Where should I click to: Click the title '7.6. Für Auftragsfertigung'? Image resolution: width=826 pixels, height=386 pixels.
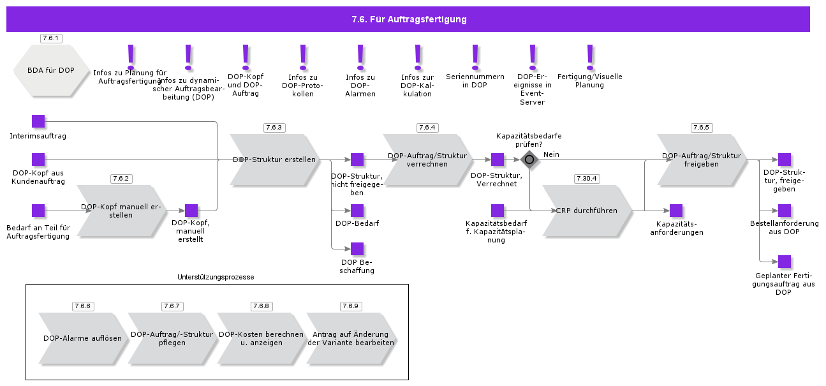pyautogui.click(x=409, y=19)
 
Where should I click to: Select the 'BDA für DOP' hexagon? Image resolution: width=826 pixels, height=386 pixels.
pyautogui.click(x=51, y=70)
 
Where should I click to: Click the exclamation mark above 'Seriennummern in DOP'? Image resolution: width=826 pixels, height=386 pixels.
pyautogui.click(x=475, y=57)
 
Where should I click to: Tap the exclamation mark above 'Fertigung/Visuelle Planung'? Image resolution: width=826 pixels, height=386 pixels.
pyautogui.click(x=590, y=57)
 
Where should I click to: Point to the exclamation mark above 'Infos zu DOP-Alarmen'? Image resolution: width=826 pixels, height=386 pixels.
pyautogui.click(x=360, y=57)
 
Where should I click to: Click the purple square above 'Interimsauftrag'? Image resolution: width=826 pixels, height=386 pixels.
pyautogui.click(x=38, y=121)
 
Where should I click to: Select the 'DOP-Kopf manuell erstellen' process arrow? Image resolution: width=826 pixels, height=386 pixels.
pyautogui.click(x=121, y=211)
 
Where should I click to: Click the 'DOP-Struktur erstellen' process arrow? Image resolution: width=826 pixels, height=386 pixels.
pyautogui.click(x=274, y=160)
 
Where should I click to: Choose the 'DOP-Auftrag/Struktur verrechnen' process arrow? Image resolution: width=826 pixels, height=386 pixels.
pyautogui.click(x=427, y=160)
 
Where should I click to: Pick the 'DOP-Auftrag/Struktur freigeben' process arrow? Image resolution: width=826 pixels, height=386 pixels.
pyautogui.click(x=702, y=160)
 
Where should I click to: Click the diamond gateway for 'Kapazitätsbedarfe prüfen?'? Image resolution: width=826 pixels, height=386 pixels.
pyautogui.click(x=529, y=160)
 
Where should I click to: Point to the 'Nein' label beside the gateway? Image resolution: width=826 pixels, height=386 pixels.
pyautogui.click(x=551, y=154)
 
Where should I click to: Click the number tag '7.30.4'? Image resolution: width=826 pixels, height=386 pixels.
pyautogui.click(x=587, y=179)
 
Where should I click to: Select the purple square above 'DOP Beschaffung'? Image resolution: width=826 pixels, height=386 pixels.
pyautogui.click(x=357, y=249)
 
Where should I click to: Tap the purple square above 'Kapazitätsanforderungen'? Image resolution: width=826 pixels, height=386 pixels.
pyautogui.click(x=676, y=211)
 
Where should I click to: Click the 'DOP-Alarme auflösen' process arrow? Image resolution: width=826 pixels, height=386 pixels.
pyautogui.click(x=83, y=338)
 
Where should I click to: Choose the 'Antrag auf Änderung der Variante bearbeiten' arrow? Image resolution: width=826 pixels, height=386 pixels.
pyautogui.click(x=351, y=338)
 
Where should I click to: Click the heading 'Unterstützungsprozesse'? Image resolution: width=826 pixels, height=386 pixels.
pyautogui.click(x=216, y=278)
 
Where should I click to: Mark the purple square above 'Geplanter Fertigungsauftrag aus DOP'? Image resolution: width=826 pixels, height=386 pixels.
pyautogui.click(x=785, y=262)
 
